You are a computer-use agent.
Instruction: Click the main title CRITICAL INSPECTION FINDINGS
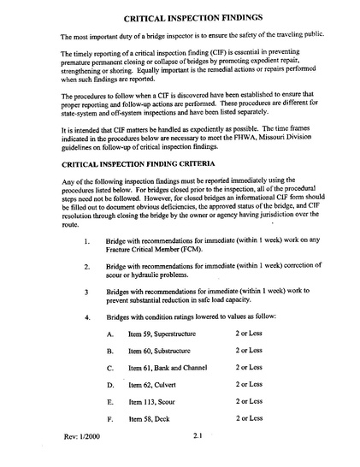192,16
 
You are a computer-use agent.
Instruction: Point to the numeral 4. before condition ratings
88,317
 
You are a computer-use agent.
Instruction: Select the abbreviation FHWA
258,139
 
